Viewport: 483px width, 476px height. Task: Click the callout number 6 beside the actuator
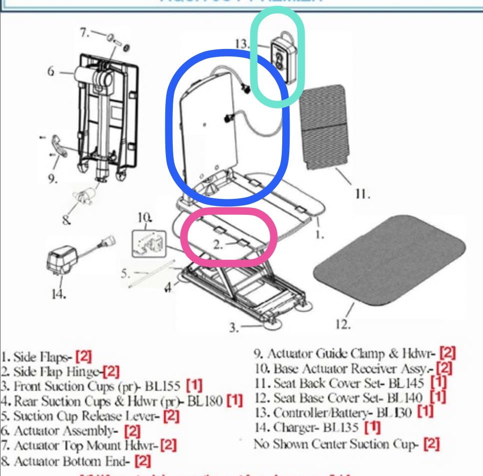(51, 72)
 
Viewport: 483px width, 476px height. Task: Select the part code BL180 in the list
(206, 401)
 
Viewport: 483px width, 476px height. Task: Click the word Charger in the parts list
(292, 428)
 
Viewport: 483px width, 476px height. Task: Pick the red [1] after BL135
(373, 428)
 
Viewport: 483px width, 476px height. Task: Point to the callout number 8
(66, 218)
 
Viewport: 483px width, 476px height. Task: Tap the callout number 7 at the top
(84, 32)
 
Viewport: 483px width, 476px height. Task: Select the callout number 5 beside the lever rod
(125, 273)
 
